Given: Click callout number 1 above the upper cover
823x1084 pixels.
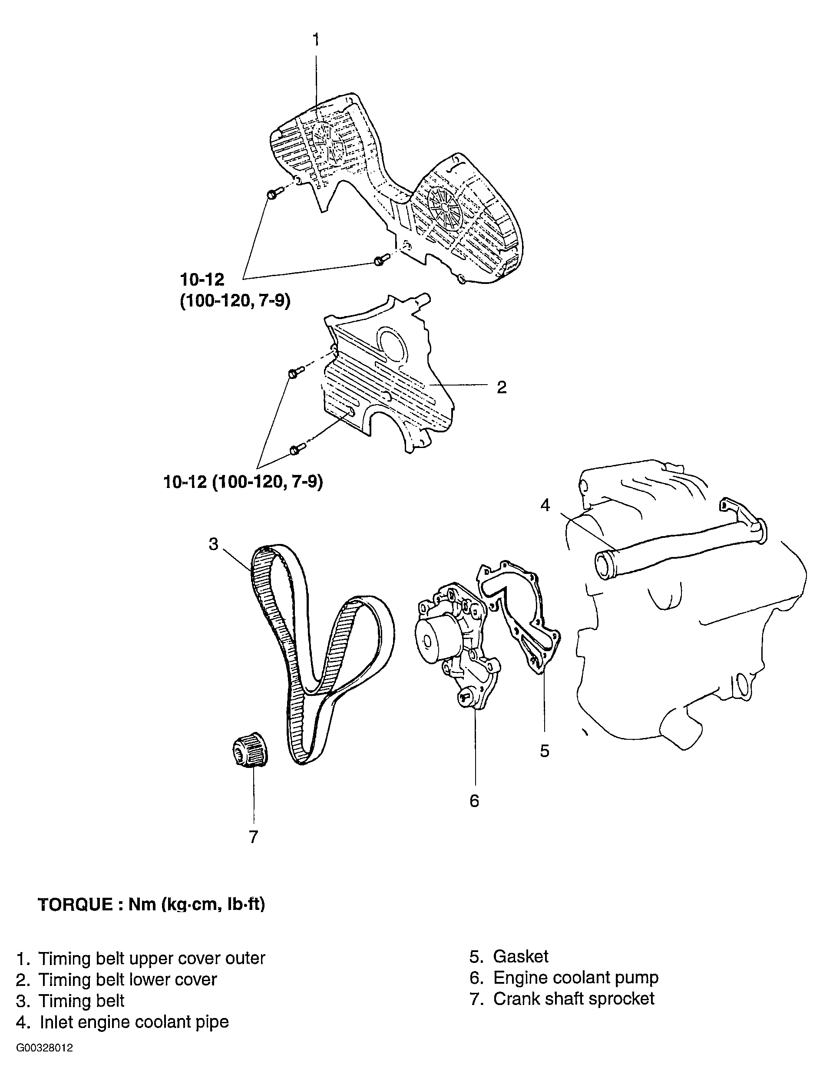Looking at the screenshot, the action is click(316, 40).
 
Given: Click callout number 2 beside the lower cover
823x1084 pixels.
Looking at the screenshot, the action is click(502, 388).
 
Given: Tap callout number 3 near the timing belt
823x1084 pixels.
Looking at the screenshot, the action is click(213, 544).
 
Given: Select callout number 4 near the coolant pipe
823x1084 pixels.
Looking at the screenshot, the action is click(545, 505).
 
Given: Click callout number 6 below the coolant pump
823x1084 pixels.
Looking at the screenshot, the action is click(474, 801).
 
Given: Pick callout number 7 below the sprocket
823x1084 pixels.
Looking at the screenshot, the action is click(254, 837).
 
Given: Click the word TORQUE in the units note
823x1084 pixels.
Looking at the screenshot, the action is click(75, 904).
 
